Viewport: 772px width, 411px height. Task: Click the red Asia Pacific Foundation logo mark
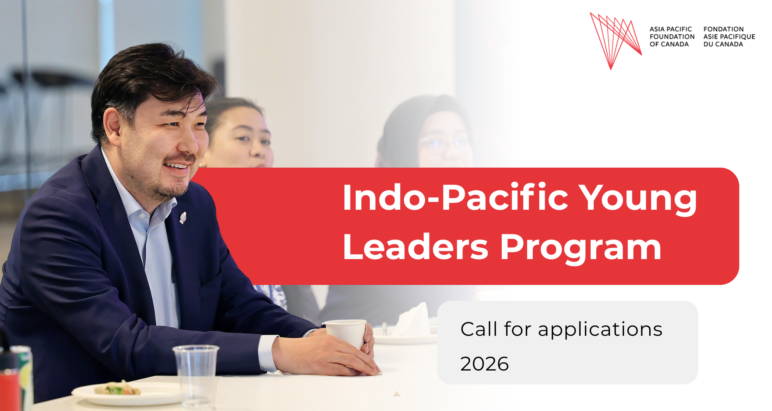[615, 39]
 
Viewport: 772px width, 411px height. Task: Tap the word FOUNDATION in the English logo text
[672, 37]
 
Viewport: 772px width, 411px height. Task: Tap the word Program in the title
[581, 248]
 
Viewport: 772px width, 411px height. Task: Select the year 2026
[484, 364]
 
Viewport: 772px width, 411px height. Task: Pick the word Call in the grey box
[479, 329]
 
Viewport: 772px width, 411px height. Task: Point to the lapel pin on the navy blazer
[183, 218]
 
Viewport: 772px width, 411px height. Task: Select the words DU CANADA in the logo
[723, 44]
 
